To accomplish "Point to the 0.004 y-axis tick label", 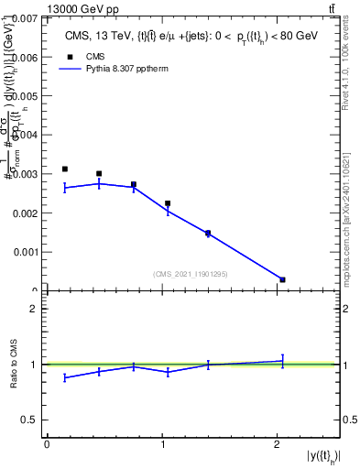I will pos(25,135).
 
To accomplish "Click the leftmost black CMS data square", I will pos(64,169).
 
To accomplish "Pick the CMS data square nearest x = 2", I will pos(282,279).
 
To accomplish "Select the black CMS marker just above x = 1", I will pos(168,203).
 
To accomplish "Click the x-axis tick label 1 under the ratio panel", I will pos(162,443).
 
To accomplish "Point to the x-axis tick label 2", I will pos(277,443).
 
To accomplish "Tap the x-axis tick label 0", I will pos(47,443).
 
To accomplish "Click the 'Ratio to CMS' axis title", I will pos(14,365).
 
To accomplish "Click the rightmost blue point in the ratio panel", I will pos(282,361).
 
